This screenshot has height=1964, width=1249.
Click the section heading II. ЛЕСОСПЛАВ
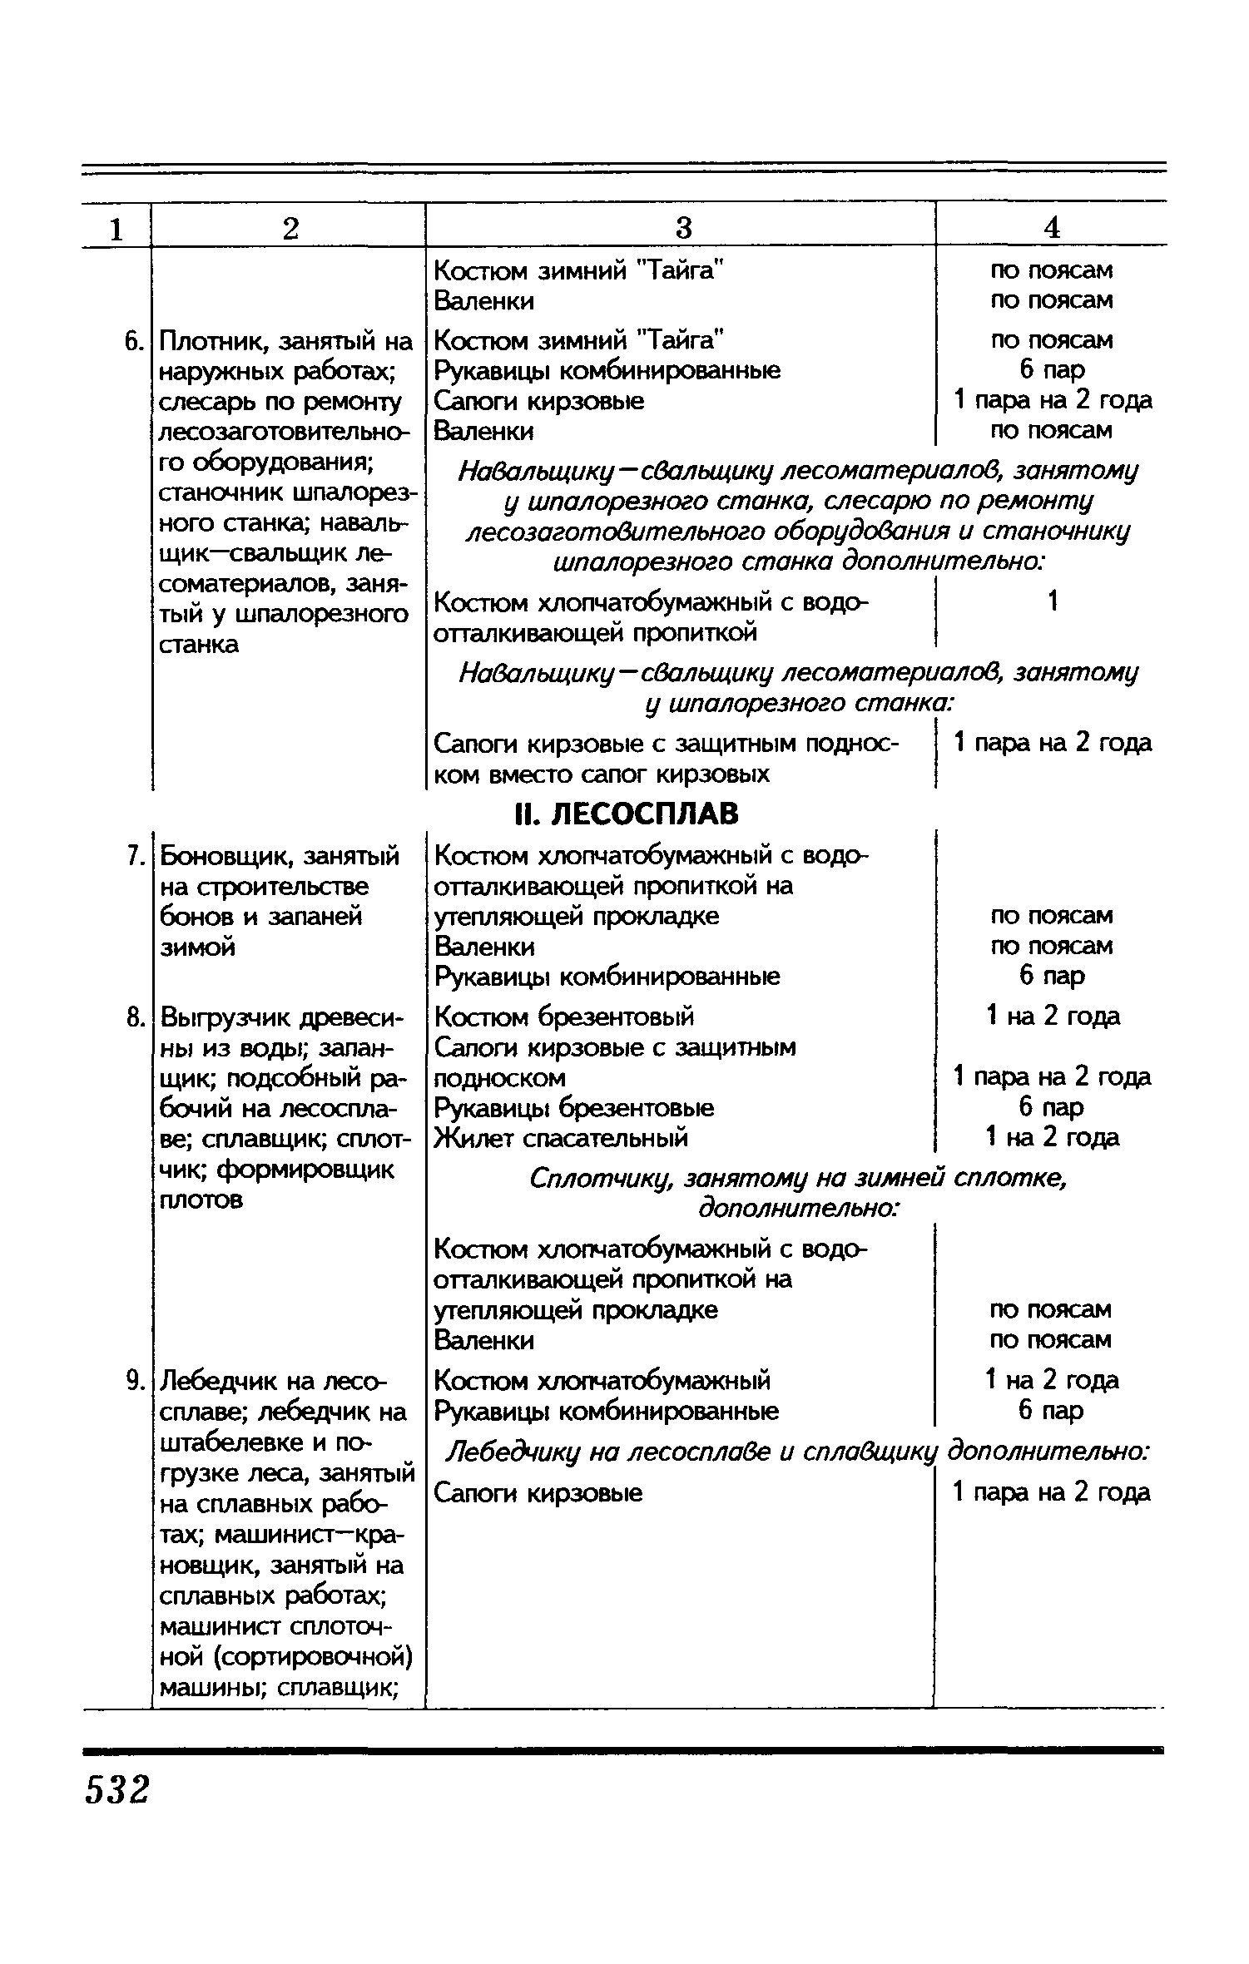point(626,814)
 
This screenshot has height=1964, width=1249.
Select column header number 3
point(682,227)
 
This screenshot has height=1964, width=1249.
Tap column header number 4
point(1052,227)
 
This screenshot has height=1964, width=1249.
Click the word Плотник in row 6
point(213,342)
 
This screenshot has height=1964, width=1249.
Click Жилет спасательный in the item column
point(561,1137)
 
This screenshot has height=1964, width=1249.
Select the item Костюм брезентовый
point(564,1017)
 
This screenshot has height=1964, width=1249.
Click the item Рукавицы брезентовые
point(574,1108)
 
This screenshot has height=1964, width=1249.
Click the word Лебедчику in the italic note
point(514,1452)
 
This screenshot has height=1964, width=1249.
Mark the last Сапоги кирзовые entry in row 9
point(538,1493)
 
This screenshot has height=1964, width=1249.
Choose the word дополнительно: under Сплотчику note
point(798,1209)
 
